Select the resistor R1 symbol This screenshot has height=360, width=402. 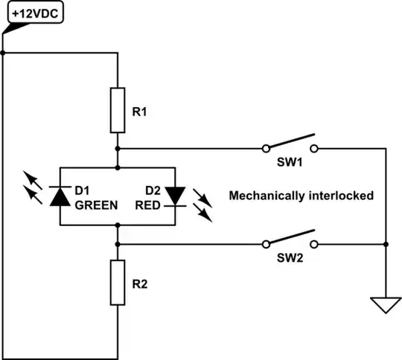tap(118, 110)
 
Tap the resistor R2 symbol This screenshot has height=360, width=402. tap(118, 282)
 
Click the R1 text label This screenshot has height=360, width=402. tap(139, 112)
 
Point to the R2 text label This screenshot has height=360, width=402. tap(139, 283)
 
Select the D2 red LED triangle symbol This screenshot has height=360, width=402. tap(176, 195)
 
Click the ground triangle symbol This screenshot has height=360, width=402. tap(385, 305)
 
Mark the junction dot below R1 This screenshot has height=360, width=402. tap(118, 148)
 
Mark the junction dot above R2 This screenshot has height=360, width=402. tap(118, 244)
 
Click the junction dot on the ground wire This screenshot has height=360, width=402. tap(385, 244)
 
